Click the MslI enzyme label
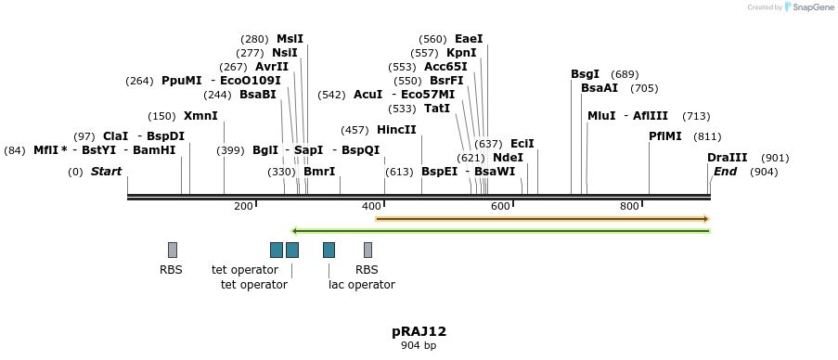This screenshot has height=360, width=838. point(290,39)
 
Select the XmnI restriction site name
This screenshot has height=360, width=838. point(200,116)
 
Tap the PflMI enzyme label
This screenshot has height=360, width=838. point(664,136)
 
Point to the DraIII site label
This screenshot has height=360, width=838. point(727,158)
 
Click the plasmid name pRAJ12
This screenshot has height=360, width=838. point(419,331)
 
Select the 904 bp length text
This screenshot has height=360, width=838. point(419,346)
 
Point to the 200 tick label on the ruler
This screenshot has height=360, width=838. point(243,206)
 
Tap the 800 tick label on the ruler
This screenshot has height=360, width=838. point(629,206)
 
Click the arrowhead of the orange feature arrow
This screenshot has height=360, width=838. point(706,219)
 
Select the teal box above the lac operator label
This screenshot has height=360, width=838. point(329,250)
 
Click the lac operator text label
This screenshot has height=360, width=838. point(362,285)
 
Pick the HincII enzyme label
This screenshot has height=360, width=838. point(396,130)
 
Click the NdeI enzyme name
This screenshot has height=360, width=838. point(508,158)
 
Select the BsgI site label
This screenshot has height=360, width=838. point(585,74)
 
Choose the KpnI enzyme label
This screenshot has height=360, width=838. point(461,53)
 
